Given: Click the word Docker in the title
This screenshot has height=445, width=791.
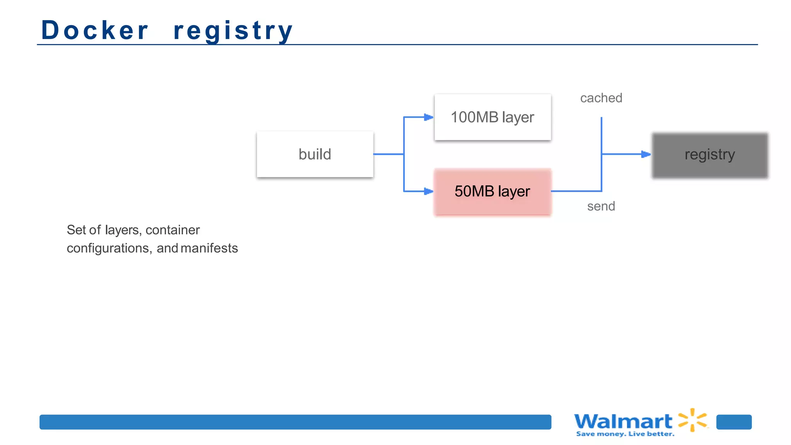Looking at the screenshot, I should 95,30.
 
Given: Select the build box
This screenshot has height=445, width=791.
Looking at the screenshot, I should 315,154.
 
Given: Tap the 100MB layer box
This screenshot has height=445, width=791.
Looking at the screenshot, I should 492,117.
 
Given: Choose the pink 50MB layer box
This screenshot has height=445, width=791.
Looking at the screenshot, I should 492,192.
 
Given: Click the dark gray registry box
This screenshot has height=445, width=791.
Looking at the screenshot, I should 710,155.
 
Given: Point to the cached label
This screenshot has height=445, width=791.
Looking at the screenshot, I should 601,98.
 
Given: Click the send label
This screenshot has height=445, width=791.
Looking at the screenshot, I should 601,206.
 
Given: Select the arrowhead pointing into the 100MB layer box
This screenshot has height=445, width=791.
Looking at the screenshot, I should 428,117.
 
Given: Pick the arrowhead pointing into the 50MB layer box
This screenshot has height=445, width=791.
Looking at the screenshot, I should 428,191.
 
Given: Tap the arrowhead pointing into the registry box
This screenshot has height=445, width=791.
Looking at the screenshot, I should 646,154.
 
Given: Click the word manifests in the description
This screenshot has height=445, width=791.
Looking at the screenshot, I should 209,248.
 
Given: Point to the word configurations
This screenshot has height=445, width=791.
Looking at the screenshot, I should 109,248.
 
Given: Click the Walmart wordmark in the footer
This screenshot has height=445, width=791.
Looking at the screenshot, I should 623,421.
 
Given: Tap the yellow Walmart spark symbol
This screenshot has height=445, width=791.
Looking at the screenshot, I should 693,420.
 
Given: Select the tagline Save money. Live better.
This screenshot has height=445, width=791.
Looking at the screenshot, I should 625,434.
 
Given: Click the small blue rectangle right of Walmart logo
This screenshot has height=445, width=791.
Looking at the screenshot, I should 734,422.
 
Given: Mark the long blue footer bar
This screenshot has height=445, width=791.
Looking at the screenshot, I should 295,422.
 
